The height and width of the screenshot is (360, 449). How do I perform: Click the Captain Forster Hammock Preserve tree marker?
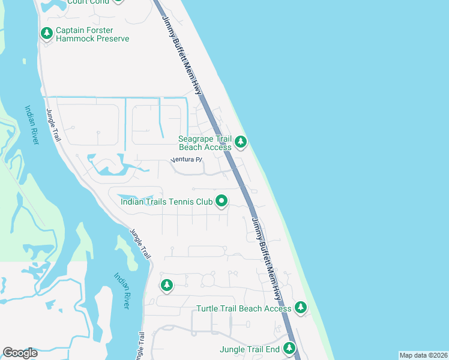coord(47,34)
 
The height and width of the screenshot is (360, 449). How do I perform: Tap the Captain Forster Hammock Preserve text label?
coord(92,34)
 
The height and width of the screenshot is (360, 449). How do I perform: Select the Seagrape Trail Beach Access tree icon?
coord(241,142)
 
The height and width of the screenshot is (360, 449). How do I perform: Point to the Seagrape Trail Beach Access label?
coord(205,143)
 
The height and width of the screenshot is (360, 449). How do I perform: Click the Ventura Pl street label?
coord(187,160)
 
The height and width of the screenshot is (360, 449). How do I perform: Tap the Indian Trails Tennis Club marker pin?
coord(221,202)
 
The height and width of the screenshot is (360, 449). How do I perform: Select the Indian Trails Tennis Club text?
coord(166,202)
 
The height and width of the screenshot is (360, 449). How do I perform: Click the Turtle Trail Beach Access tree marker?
coord(301,308)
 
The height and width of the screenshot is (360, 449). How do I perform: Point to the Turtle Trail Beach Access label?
coord(244,308)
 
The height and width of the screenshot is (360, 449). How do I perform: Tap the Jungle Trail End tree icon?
coord(289,348)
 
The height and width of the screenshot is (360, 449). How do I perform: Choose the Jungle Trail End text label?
coord(250,349)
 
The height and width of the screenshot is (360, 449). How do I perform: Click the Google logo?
coord(20,353)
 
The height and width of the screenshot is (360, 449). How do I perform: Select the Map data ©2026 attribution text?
coord(423,355)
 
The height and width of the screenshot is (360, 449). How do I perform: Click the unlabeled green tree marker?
coord(166,286)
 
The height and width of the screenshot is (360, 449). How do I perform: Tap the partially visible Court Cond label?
coord(88,2)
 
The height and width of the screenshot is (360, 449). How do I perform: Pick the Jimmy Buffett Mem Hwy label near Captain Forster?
coord(182,54)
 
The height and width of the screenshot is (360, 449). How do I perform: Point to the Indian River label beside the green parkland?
coord(32,125)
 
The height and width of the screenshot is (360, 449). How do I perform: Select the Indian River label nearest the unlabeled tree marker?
coord(122,291)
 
